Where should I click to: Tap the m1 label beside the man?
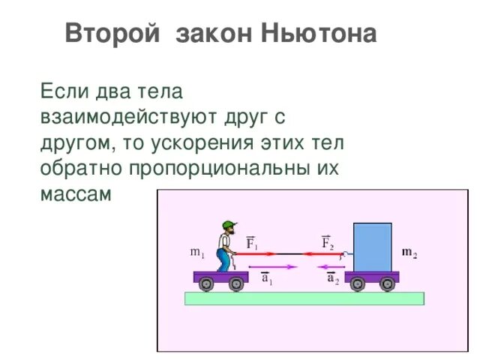[x=197, y=253]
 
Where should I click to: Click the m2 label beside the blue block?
[x=410, y=252]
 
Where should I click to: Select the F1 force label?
[x=253, y=243]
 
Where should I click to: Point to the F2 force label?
[x=327, y=243]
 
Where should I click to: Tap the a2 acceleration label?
[x=332, y=279]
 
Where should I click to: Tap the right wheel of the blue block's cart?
[x=387, y=283]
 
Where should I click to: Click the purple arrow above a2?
[x=330, y=266]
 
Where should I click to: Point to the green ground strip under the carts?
[x=304, y=298]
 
